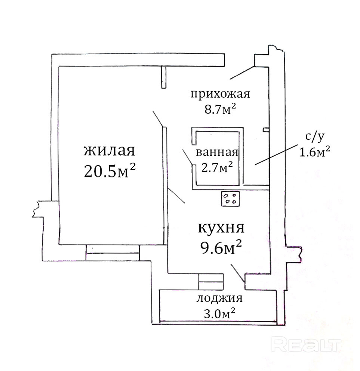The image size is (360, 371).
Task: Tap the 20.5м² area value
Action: [109, 171]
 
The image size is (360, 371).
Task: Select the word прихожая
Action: [220, 93]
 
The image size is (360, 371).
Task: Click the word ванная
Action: [217, 152]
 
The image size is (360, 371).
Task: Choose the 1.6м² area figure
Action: [314, 151]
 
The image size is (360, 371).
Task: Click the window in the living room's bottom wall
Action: [112, 252]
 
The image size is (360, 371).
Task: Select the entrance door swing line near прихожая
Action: [242, 73]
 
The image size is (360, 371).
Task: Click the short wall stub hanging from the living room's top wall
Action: [163, 77]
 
